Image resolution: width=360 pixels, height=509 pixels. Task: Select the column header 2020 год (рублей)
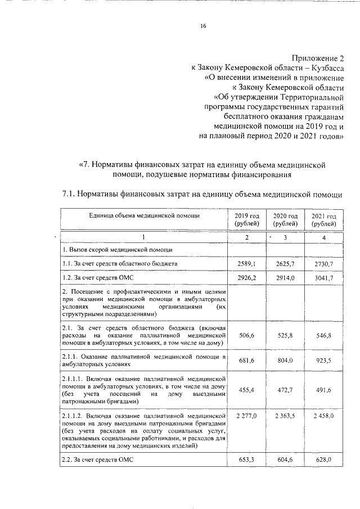click(x=285, y=220)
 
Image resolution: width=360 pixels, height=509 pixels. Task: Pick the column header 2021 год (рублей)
click(x=323, y=220)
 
